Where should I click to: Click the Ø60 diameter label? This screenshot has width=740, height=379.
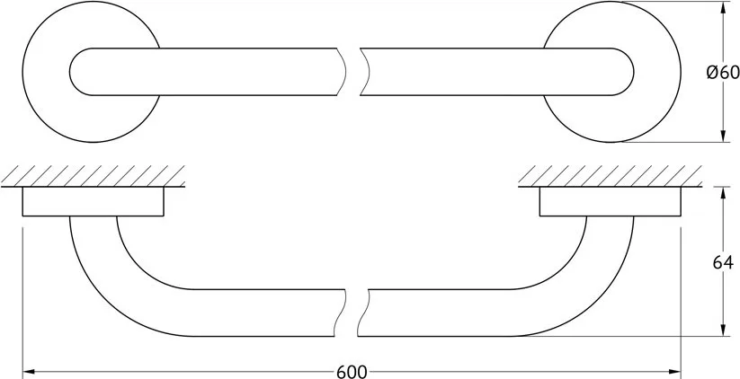click(723, 72)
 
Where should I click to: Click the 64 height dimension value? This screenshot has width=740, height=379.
click(723, 262)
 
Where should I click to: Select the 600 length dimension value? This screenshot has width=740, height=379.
click(352, 372)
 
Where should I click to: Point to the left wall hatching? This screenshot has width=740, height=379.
click(93, 175)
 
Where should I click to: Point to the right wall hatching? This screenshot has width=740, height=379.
click(610, 175)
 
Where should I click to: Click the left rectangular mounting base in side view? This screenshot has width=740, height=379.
click(93, 201)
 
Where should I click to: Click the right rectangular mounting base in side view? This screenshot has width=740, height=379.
click(611, 201)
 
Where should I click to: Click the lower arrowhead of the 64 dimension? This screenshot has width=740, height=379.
click(723, 330)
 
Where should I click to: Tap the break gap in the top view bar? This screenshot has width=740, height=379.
click(353, 72)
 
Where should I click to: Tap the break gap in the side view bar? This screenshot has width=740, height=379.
click(352, 313)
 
